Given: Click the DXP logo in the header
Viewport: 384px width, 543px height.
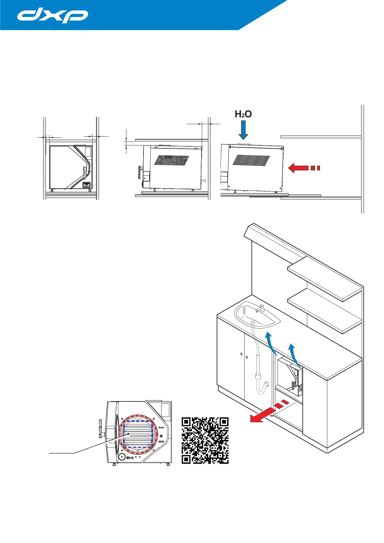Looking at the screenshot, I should [x=53, y=16].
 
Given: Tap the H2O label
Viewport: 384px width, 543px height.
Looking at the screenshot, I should [x=243, y=114].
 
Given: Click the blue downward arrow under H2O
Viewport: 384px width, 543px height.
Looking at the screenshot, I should [x=243, y=130].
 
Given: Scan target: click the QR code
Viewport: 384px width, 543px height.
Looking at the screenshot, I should [x=205, y=440].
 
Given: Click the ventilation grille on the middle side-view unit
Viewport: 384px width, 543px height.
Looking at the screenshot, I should [x=172, y=160].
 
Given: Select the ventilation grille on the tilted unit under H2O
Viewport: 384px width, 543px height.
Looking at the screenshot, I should [x=251, y=160].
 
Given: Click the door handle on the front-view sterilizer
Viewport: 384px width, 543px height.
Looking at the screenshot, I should [x=85, y=172].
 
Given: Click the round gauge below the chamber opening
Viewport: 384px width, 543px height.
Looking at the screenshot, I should [x=122, y=457].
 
